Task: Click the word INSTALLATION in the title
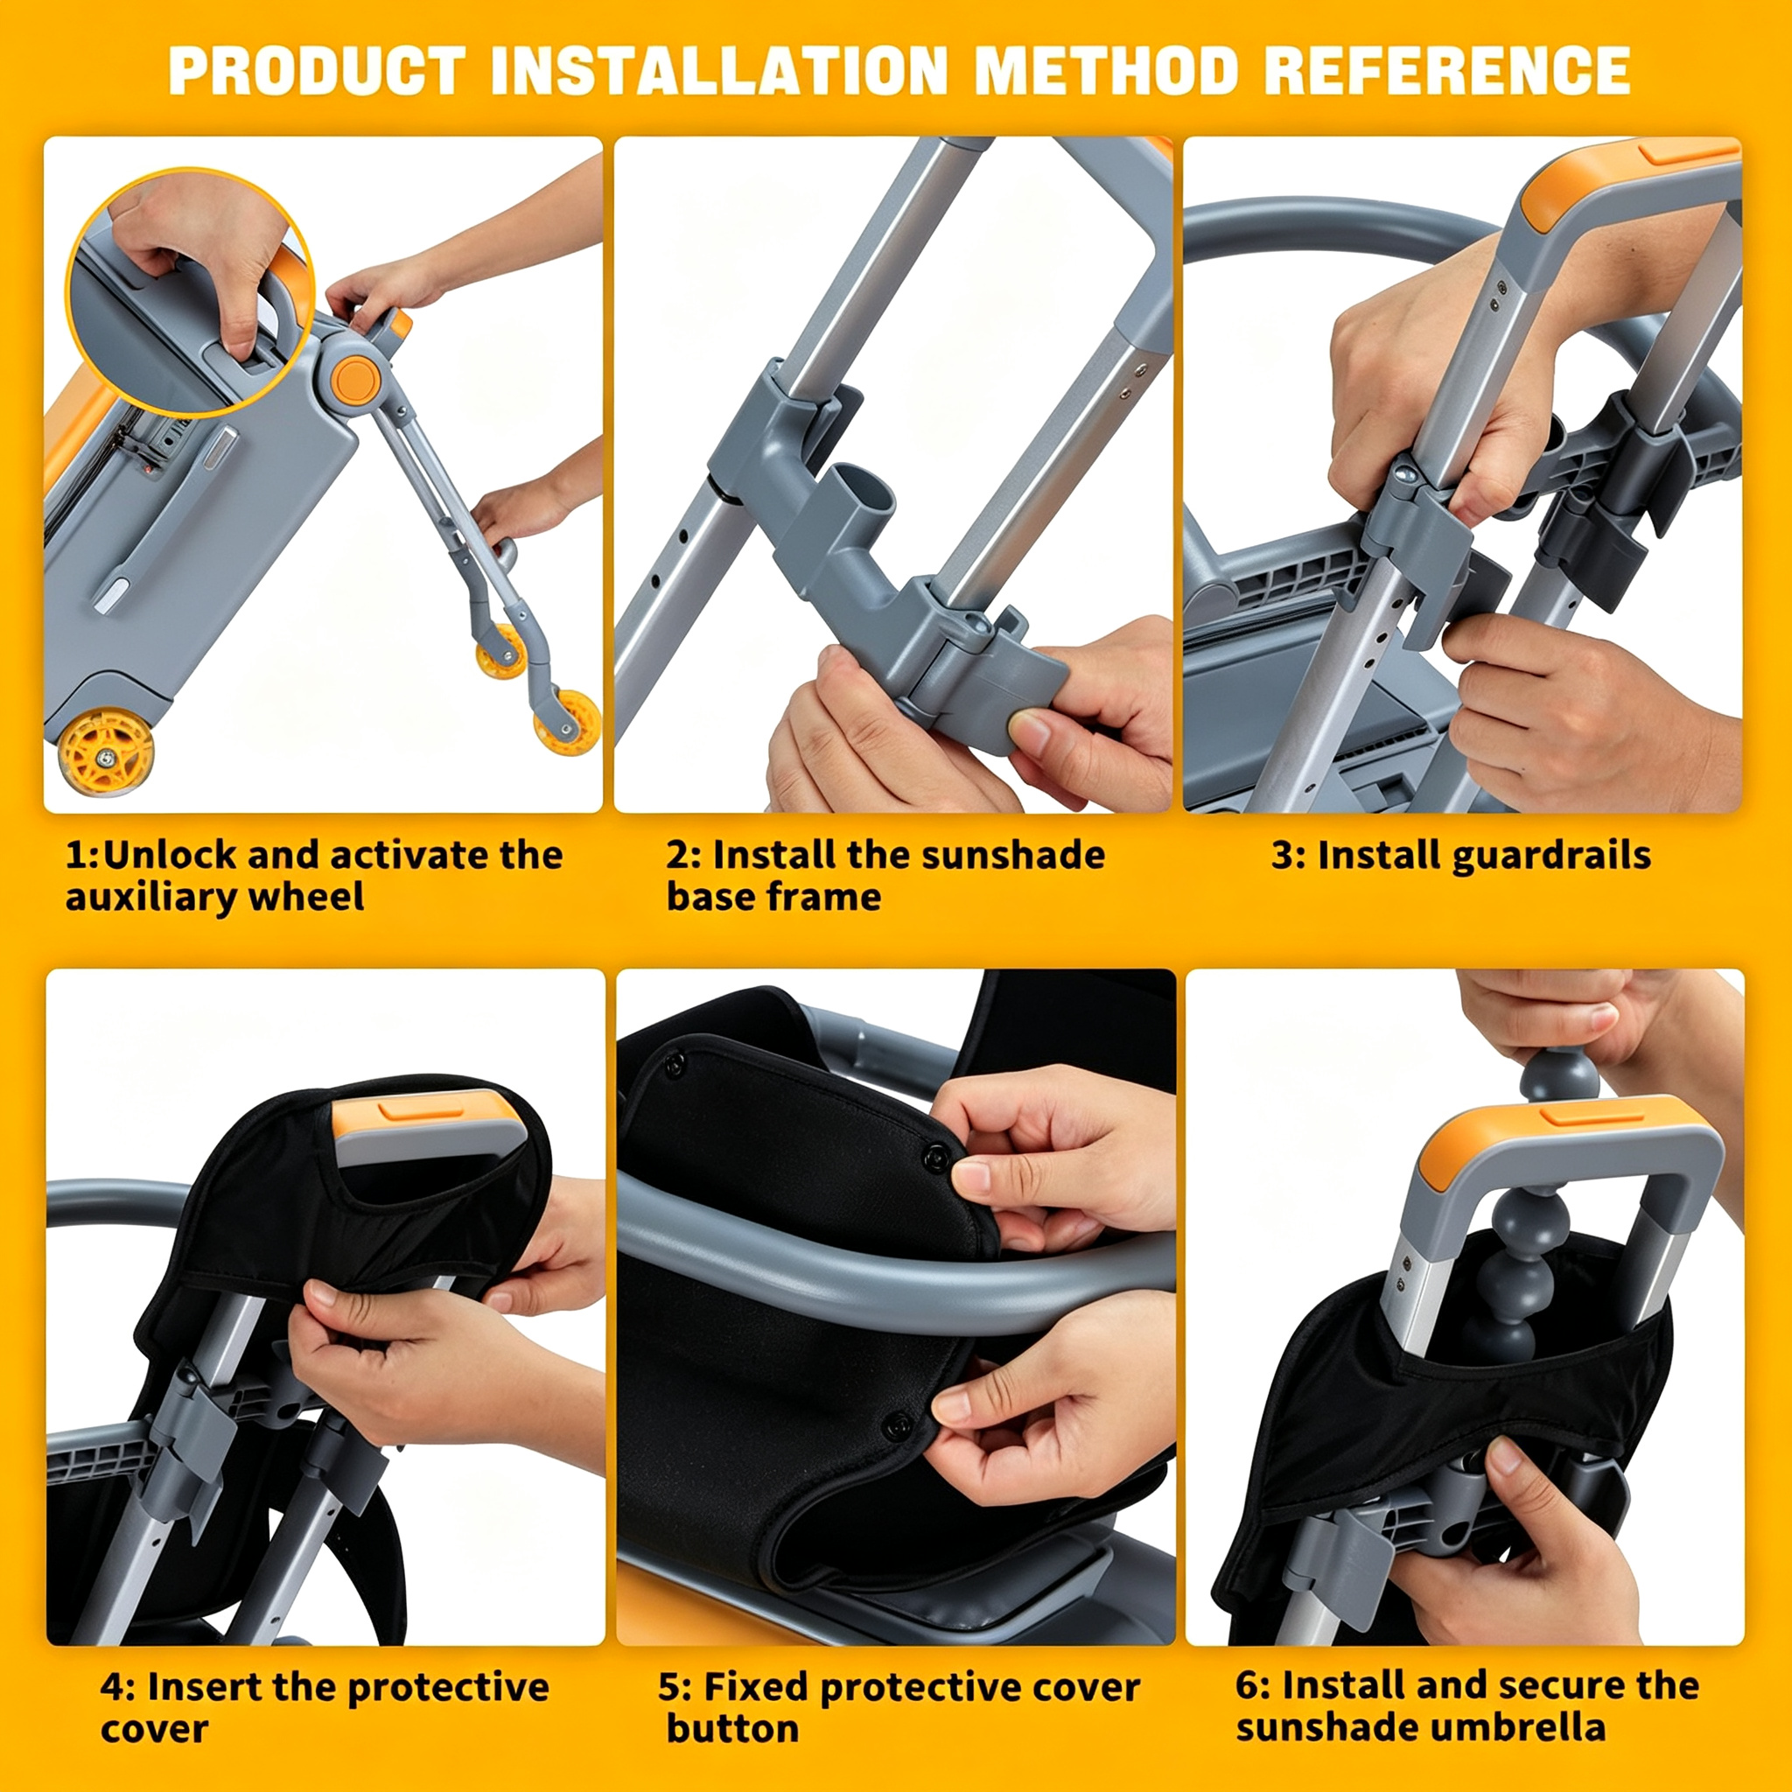pyautogui.click(x=719, y=71)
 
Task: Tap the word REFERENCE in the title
pyautogui.click(x=1447, y=71)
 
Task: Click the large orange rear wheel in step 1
pyautogui.click(x=106, y=751)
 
